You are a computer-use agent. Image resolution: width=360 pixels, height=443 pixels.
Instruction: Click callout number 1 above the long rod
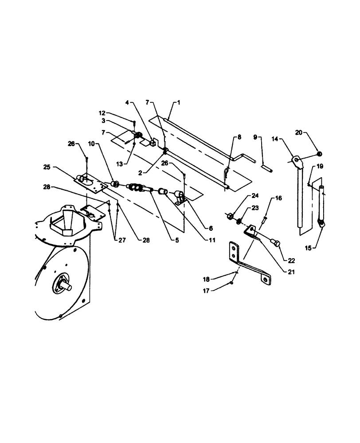(179, 102)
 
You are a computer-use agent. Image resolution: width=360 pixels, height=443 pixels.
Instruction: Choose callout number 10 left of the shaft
(91, 144)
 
